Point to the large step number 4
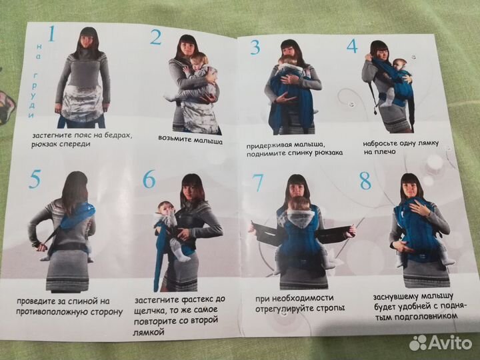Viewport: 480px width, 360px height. (x=352, y=46)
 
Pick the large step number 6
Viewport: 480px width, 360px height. (x=149, y=179)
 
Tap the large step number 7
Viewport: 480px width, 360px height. (x=256, y=183)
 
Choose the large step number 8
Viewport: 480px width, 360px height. (x=365, y=181)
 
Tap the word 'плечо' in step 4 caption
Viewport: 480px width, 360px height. (x=387, y=152)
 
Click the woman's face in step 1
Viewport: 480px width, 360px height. (x=87, y=41)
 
